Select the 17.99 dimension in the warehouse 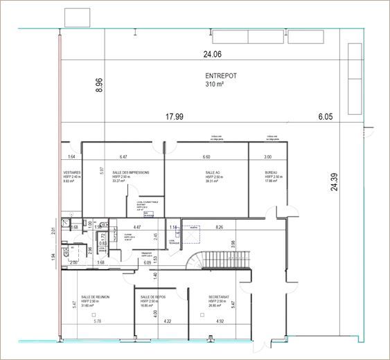point(174,117)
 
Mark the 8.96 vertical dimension point(99,84)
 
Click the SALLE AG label point(213,172)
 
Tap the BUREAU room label point(270,172)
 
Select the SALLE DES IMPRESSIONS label point(131,172)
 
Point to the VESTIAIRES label point(72,172)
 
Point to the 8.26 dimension point(220,227)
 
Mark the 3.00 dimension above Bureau point(267,157)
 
